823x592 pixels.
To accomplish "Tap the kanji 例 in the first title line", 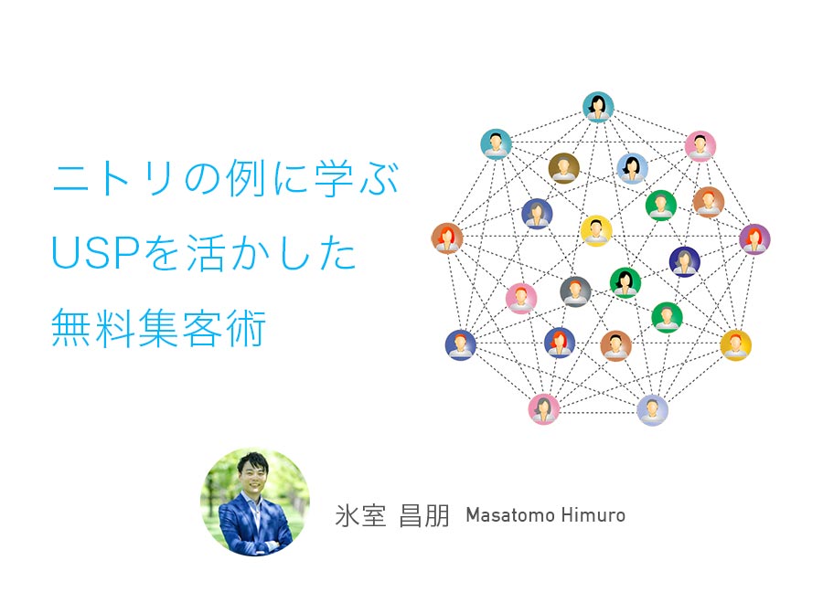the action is (x=246, y=179).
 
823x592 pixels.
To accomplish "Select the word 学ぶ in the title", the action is (x=357, y=179).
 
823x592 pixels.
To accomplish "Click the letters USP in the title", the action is (x=95, y=253).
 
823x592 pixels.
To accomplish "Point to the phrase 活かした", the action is (x=272, y=253).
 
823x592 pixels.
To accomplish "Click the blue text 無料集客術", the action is (x=158, y=328).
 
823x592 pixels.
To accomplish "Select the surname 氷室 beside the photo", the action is (x=360, y=515).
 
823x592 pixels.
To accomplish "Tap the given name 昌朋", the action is (x=424, y=515).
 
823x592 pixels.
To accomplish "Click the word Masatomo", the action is (x=509, y=515).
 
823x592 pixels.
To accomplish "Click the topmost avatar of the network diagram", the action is (x=598, y=107).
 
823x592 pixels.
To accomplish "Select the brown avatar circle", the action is (x=563, y=168).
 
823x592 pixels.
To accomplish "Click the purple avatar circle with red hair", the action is (x=754, y=239).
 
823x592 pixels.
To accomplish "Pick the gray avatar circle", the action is (x=575, y=291).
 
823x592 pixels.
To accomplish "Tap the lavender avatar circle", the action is (x=652, y=410).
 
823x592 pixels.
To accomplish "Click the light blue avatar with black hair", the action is (x=632, y=168).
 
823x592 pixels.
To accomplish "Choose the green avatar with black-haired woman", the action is (x=625, y=282).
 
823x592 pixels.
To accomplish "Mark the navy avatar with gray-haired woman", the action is (x=684, y=261).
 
